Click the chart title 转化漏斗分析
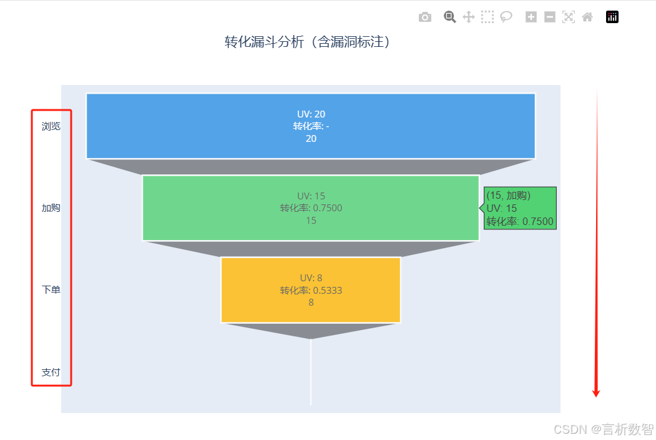pyautogui.click(x=308, y=42)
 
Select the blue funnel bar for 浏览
pyautogui.click(x=187, y=126)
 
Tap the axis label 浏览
pyautogui.click(x=51, y=126)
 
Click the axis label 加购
pyautogui.click(x=51, y=208)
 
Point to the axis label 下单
pyautogui.click(x=51, y=290)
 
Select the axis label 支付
pyautogui.click(x=51, y=372)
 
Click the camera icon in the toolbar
pyautogui.click(x=425, y=17)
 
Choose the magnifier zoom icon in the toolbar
pyautogui.click(x=450, y=17)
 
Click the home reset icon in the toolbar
pyautogui.click(x=587, y=17)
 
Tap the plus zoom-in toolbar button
pyautogui.click(x=531, y=17)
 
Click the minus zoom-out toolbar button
pyautogui.click(x=550, y=17)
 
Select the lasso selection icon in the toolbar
pyautogui.click(x=506, y=17)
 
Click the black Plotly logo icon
pyautogui.click(x=612, y=17)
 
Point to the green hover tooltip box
pyautogui.click(x=520, y=208)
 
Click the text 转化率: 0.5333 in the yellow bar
pyautogui.click(x=311, y=291)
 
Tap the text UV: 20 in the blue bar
pyautogui.click(x=311, y=114)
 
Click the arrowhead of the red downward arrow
pyautogui.click(x=596, y=392)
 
